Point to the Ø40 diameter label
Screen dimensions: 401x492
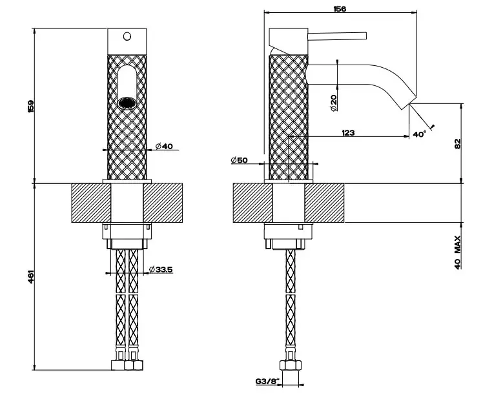165,147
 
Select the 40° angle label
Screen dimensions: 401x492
420,134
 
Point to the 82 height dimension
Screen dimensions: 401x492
458,144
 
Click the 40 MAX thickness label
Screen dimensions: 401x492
457,253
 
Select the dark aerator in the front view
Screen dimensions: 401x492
127,101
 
